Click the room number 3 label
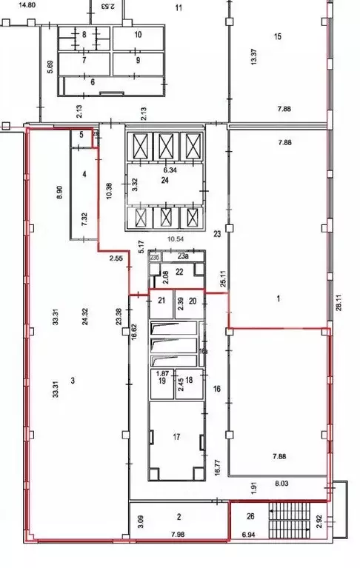pyautogui.click(x=73, y=381)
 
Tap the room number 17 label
pyautogui.click(x=176, y=438)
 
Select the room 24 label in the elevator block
pyautogui.click(x=165, y=179)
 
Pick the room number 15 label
pyautogui.click(x=278, y=36)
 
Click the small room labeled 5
pyautogui.click(x=81, y=135)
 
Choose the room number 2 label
pyautogui.click(x=179, y=518)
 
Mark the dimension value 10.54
pyautogui.click(x=175, y=239)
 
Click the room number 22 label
pyautogui.click(x=179, y=272)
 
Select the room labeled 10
pyautogui.click(x=137, y=34)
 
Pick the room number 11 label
pyautogui.click(x=178, y=8)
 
